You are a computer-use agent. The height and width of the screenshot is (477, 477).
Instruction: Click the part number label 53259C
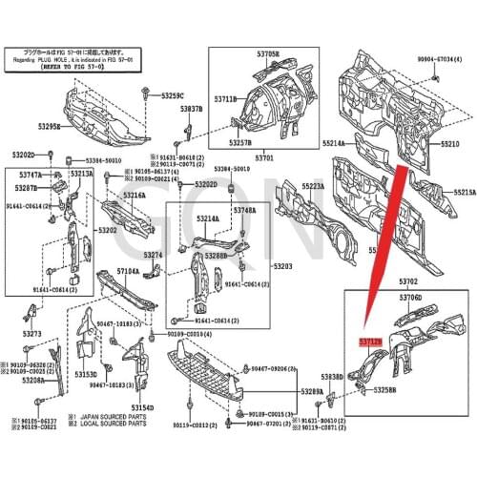(x=172, y=96)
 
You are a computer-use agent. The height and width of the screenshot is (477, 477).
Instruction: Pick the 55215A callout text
(x=462, y=192)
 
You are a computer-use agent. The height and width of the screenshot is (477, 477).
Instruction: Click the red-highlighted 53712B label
(x=370, y=340)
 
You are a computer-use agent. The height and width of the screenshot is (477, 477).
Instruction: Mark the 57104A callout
(x=128, y=271)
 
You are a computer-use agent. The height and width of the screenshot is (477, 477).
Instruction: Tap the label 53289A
(x=311, y=392)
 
